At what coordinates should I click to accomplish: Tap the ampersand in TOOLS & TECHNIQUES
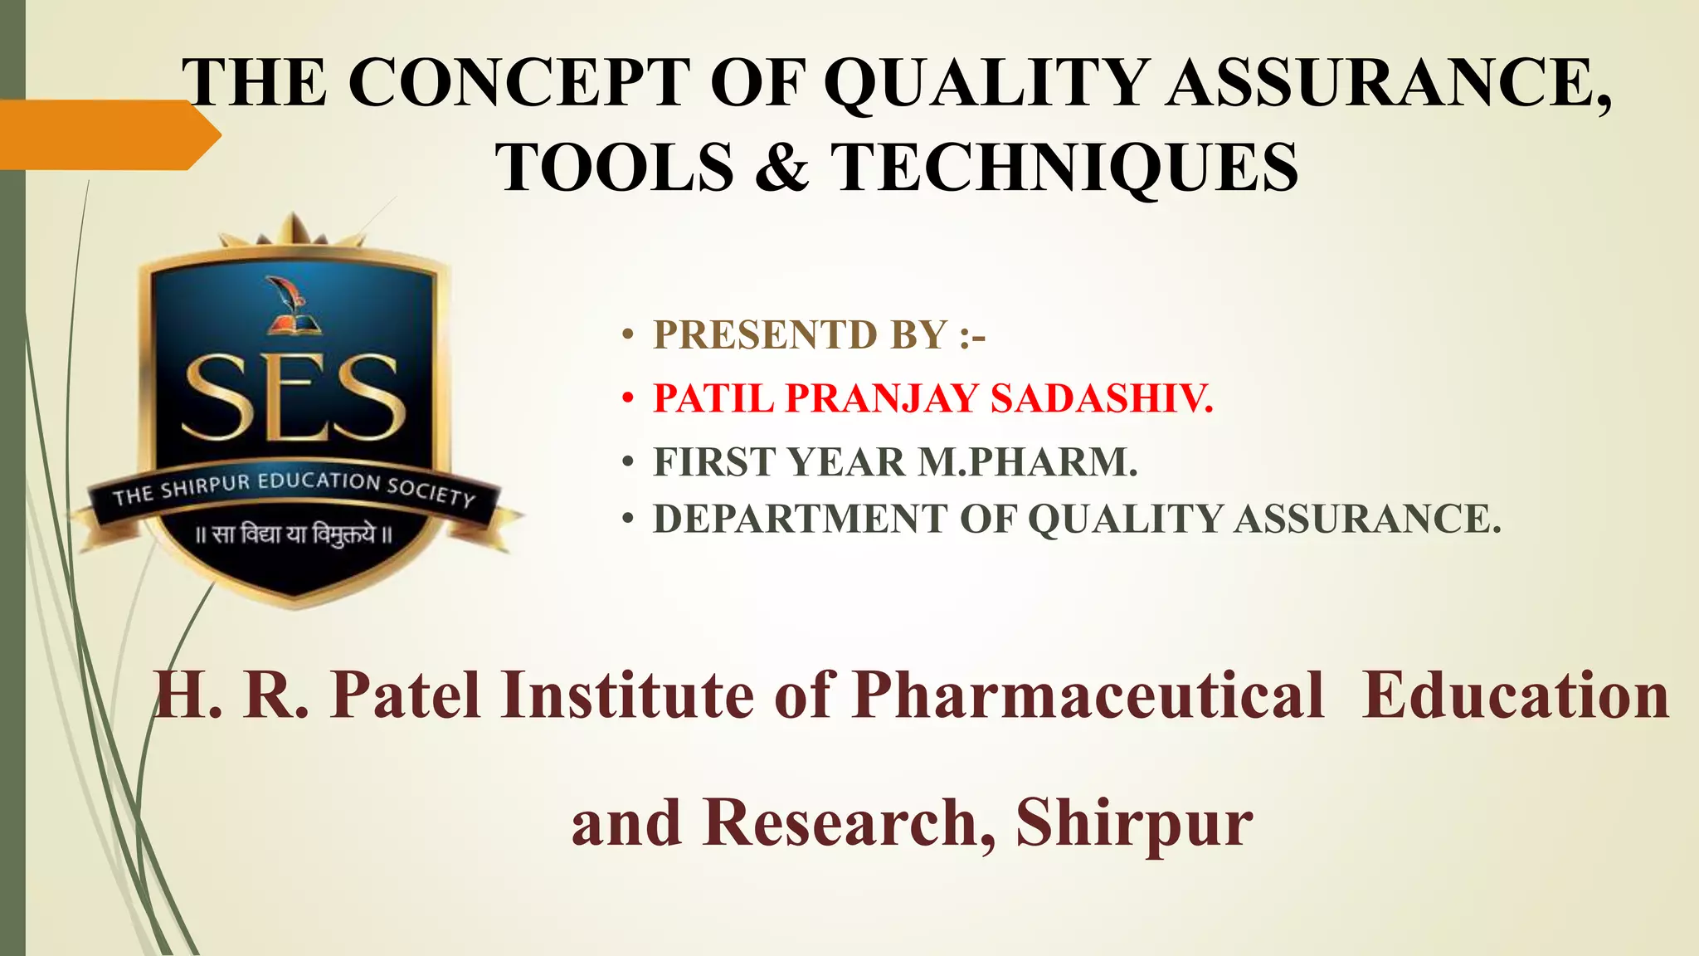click(x=782, y=166)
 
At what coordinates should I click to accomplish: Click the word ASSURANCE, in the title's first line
click(x=1390, y=83)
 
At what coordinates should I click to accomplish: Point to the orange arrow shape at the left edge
click(x=108, y=134)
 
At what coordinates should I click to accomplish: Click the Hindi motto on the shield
click(x=293, y=534)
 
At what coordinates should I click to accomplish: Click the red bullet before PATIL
click(x=628, y=399)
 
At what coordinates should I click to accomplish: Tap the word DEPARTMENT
click(x=799, y=519)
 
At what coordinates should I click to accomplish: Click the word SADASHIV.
click(x=1102, y=398)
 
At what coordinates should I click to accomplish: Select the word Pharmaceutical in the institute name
click(x=1088, y=695)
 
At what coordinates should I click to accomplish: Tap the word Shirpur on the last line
click(x=1133, y=822)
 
